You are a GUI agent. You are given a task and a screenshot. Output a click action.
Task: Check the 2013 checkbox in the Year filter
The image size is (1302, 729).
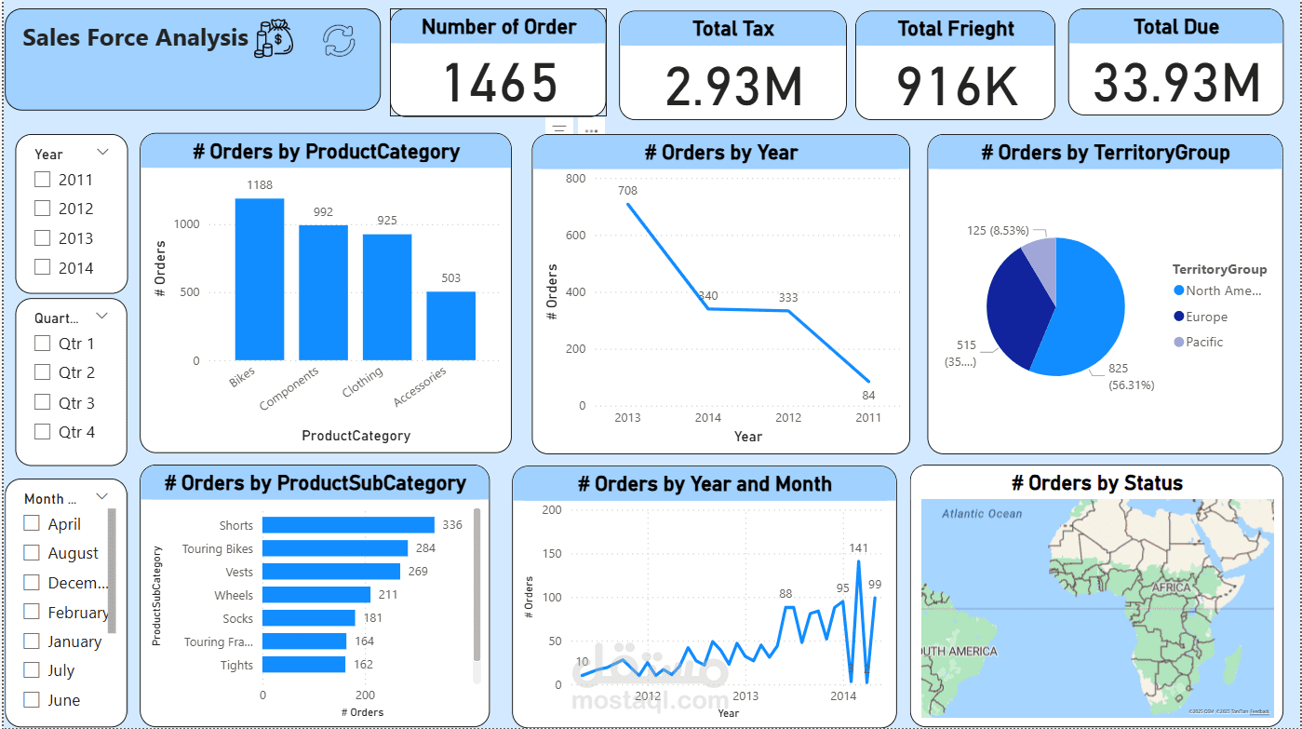tap(42, 238)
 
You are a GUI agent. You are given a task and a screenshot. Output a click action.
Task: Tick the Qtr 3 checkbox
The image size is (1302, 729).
tap(42, 402)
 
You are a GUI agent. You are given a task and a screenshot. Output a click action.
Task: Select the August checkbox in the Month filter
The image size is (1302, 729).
tap(32, 553)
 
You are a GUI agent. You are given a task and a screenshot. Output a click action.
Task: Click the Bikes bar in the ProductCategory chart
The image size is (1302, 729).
tap(259, 279)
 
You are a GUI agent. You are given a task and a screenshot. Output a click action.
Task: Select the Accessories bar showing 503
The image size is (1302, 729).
tap(450, 326)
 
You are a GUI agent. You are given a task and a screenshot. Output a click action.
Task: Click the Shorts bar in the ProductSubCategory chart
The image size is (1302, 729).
tap(348, 525)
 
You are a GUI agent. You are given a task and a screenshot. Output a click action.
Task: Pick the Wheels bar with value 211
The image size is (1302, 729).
tap(316, 595)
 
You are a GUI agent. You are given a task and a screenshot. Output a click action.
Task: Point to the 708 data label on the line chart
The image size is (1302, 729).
tap(627, 191)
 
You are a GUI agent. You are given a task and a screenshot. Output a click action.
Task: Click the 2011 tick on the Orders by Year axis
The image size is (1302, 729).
tap(867, 418)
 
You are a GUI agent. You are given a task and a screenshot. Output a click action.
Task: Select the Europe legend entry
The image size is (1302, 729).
tap(1206, 317)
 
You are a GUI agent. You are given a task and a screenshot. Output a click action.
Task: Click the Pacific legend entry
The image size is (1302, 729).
tap(1204, 342)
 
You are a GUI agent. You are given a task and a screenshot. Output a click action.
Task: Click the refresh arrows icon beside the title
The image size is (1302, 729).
tap(339, 41)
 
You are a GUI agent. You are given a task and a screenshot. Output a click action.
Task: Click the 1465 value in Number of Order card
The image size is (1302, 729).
tap(500, 83)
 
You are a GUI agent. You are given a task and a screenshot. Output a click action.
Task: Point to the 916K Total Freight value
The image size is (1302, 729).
tap(957, 86)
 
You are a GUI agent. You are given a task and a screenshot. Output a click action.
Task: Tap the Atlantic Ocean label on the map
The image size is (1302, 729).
tap(981, 514)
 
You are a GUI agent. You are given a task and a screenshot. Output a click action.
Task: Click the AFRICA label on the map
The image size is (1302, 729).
tap(1171, 588)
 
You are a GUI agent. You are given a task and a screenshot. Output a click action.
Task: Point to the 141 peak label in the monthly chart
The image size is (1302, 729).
tap(858, 548)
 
